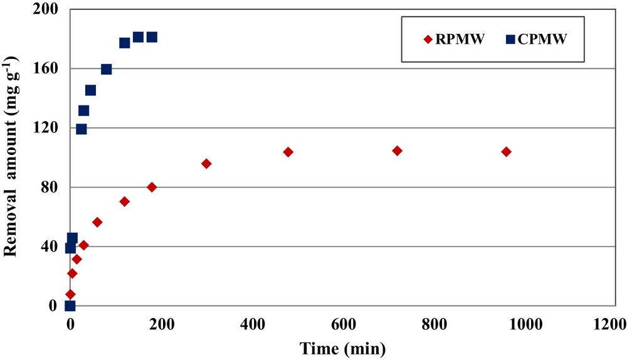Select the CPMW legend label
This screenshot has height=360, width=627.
coord(544,40)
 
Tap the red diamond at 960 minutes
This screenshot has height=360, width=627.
coord(506,152)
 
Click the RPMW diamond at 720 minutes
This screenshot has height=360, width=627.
coord(397,151)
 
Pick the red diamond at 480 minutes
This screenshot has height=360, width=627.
coord(288,152)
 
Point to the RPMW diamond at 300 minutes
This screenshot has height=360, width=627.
coord(206,164)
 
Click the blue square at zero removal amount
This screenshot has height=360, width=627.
coord(70,306)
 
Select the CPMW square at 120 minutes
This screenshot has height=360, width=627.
coord(125,43)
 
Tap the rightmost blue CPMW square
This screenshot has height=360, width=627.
coord(152,37)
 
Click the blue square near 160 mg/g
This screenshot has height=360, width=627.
coord(107,69)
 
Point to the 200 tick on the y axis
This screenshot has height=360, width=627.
coord(48,10)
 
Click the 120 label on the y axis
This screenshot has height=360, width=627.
coord(48,129)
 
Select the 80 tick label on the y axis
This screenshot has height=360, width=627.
coord(51,188)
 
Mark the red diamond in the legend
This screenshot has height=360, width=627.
coord(429,40)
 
